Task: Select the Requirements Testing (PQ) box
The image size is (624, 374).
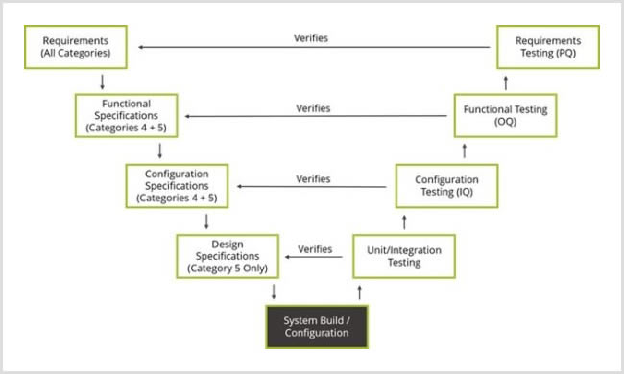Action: tap(548, 46)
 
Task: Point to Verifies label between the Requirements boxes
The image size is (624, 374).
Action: tap(313, 38)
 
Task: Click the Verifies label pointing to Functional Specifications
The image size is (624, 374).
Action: tap(313, 108)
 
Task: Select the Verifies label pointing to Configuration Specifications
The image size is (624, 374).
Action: tap(313, 178)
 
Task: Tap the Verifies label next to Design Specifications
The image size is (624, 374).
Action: tap(315, 248)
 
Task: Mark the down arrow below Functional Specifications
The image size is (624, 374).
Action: tap(159, 151)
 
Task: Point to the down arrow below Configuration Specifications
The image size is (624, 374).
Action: tap(206, 221)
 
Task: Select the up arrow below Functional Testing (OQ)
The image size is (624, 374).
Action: tap(466, 151)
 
